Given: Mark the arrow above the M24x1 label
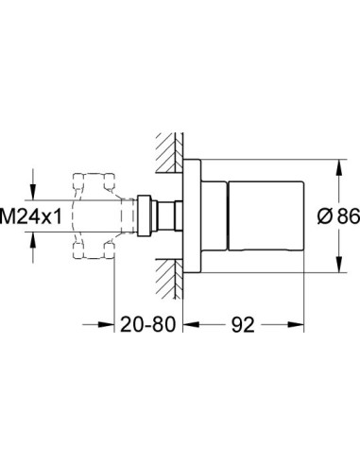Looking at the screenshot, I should click(x=34, y=186).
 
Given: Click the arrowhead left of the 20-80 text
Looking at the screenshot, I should click(x=105, y=326).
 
